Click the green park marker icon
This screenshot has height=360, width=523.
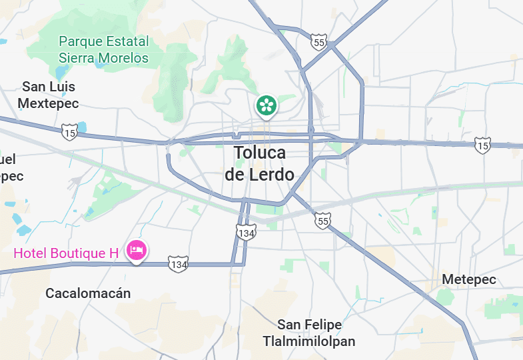[x=266, y=105]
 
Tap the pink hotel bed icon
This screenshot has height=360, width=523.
[x=137, y=251]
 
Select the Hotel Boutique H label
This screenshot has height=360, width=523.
[x=66, y=253]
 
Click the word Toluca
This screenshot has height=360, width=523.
[x=260, y=153]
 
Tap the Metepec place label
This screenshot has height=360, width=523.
[x=469, y=279]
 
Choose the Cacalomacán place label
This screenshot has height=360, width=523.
[x=88, y=293]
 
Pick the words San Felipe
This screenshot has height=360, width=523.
[x=310, y=325]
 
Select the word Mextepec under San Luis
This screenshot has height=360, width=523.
[x=48, y=103]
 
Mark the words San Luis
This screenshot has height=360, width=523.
[x=49, y=87]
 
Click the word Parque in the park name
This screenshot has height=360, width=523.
[x=81, y=41]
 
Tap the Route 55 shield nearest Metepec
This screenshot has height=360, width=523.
[x=323, y=221]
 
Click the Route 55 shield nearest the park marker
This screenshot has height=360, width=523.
[x=318, y=43]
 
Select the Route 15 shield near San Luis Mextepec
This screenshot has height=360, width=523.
[x=69, y=133]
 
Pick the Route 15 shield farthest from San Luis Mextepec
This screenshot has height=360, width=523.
[x=483, y=145]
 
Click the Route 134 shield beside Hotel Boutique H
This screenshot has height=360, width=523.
[x=178, y=264]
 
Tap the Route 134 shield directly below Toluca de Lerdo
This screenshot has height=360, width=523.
[x=246, y=232]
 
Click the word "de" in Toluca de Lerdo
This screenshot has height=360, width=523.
[x=236, y=175]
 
